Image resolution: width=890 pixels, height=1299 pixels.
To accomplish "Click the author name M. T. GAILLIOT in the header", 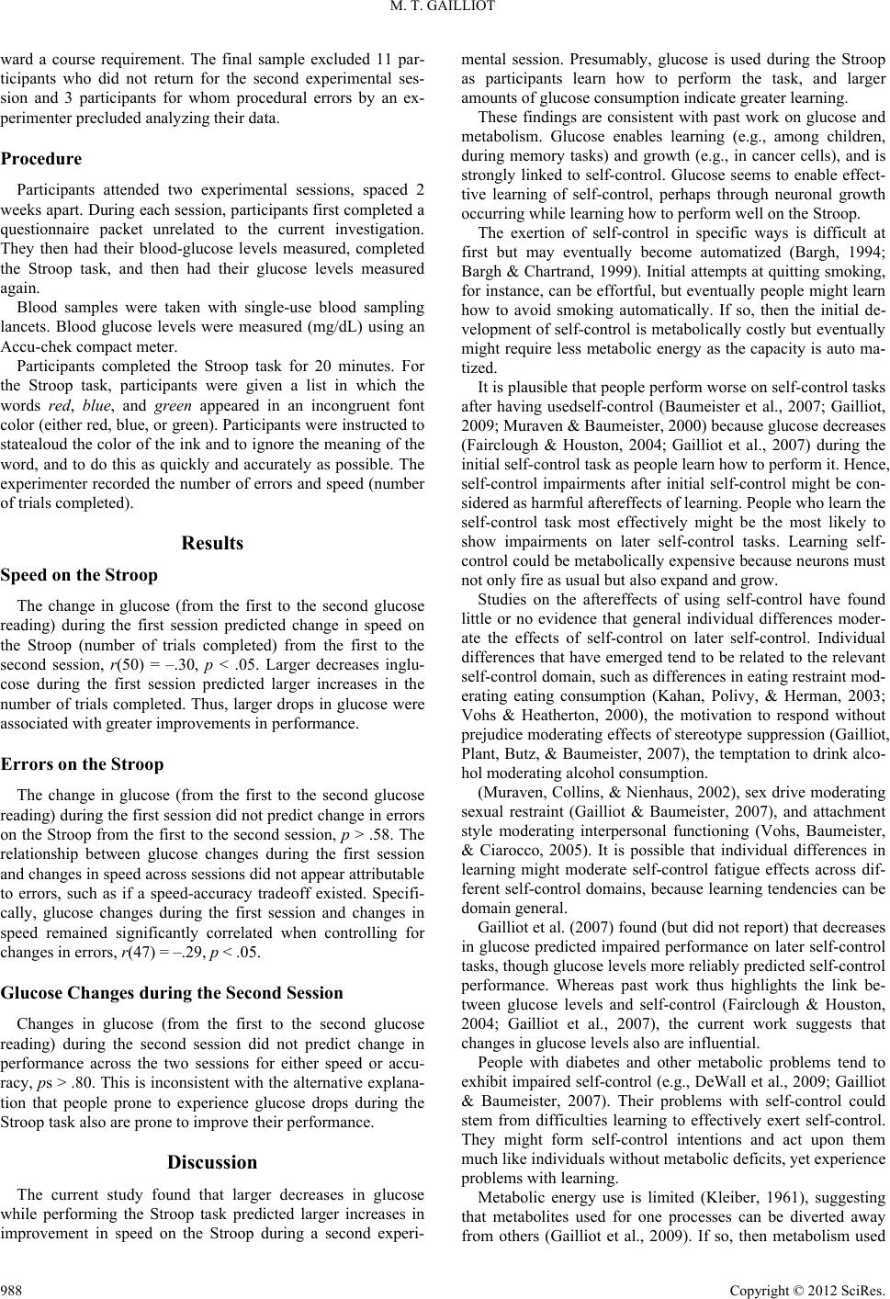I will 445,10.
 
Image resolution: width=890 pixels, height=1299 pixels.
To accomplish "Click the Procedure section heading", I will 41,158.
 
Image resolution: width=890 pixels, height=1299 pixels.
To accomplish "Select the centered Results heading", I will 212,543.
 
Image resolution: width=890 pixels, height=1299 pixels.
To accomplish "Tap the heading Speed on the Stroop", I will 79,575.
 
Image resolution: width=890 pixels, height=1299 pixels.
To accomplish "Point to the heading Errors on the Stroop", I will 83,764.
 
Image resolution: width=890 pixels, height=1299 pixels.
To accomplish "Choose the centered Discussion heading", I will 212,1162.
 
